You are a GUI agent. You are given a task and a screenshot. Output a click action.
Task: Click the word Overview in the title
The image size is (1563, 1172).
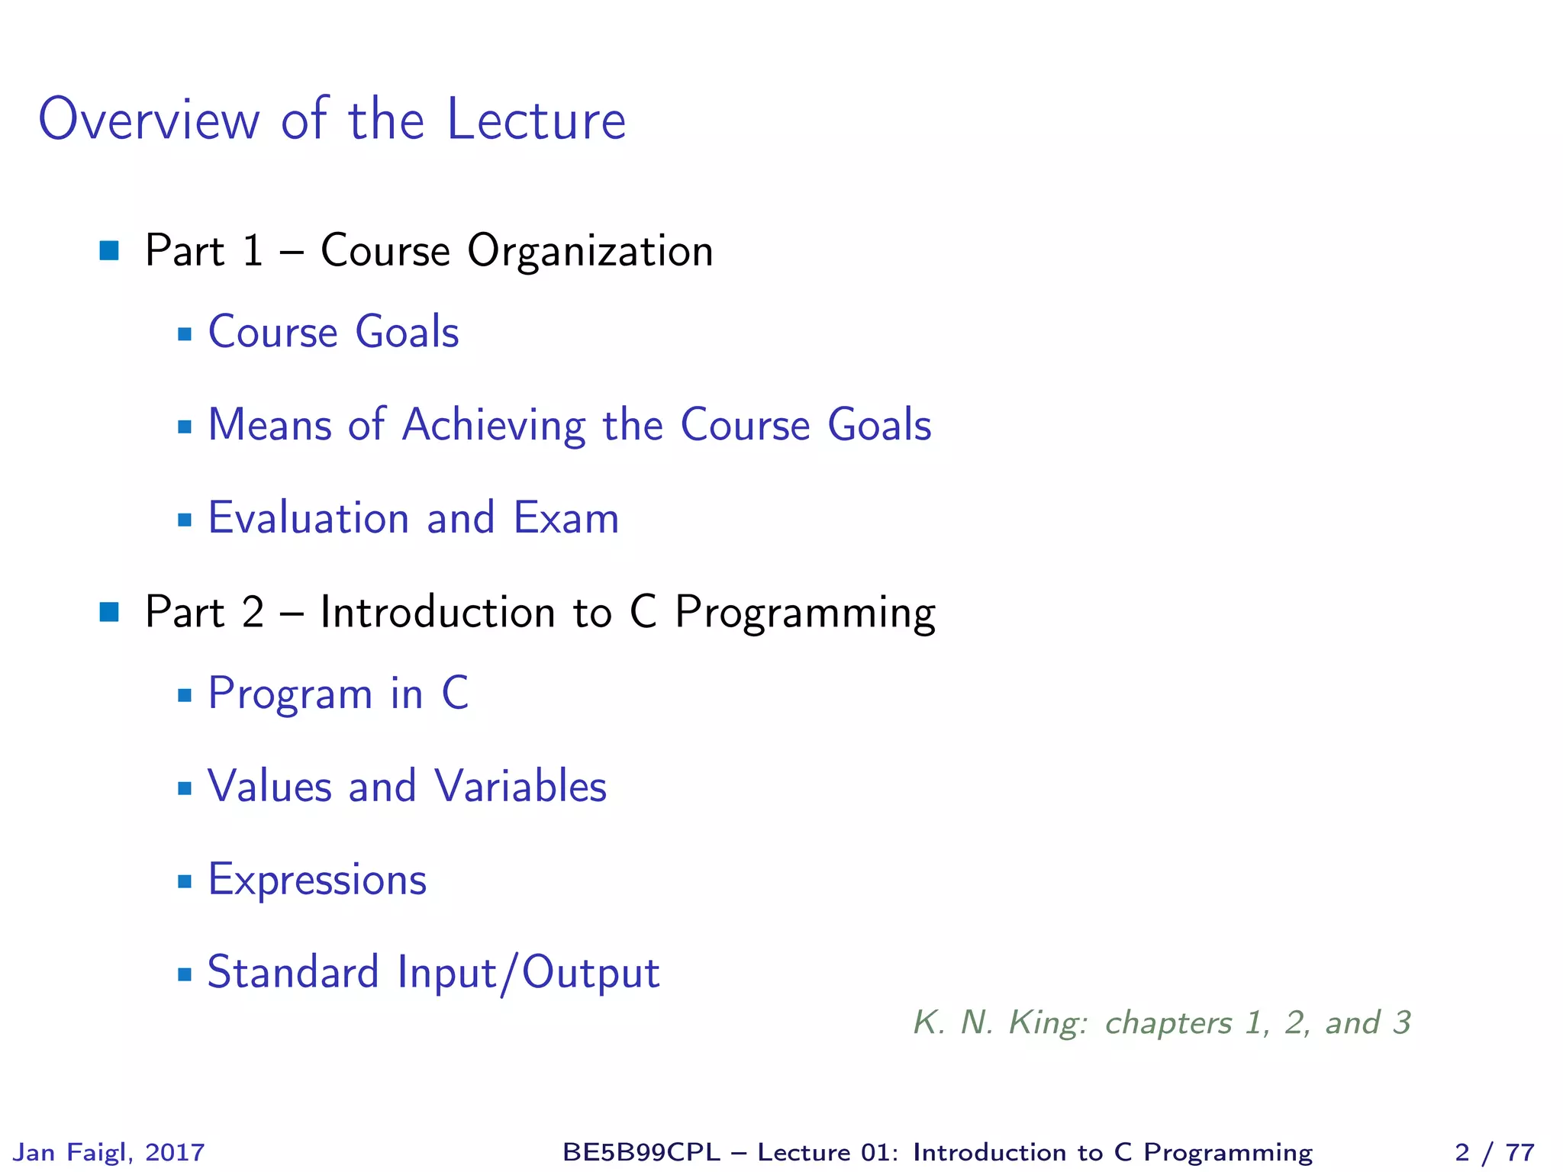click(x=149, y=120)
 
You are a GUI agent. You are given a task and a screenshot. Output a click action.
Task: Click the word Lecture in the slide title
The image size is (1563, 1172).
click(x=536, y=120)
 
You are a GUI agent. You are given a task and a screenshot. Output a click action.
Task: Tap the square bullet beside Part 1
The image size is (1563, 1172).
click(x=109, y=250)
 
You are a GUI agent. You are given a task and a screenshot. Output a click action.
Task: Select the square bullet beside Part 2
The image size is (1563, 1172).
click(x=109, y=612)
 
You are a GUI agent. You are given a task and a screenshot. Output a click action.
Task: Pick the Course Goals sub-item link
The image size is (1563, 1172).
click(x=333, y=332)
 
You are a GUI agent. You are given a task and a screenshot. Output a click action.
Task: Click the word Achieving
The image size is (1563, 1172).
click(x=493, y=426)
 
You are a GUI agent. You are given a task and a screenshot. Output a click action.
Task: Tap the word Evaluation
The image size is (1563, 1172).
click(x=308, y=518)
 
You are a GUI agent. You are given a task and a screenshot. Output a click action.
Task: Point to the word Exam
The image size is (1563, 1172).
click(x=566, y=518)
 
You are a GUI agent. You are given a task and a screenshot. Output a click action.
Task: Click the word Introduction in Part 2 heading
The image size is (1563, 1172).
click(x=437, y=612)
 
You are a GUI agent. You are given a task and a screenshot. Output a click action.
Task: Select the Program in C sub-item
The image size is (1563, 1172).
click(x=338, y=694)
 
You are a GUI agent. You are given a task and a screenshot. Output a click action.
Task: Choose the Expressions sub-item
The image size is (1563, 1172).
click(x=317, y=881)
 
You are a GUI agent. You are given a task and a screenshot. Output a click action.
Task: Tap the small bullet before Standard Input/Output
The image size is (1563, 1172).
click(x=184, y=974)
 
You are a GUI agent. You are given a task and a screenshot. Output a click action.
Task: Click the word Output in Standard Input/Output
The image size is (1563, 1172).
click(x=591, y=973)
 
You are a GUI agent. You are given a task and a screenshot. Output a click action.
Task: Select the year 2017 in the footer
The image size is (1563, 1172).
click(x=175, y=1152)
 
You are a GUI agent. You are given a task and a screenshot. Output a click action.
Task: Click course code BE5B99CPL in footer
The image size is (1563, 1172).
click(x=641, y=1152)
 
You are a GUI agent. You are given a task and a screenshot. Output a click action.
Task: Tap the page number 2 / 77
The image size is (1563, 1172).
click(x=1494, y=1152)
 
